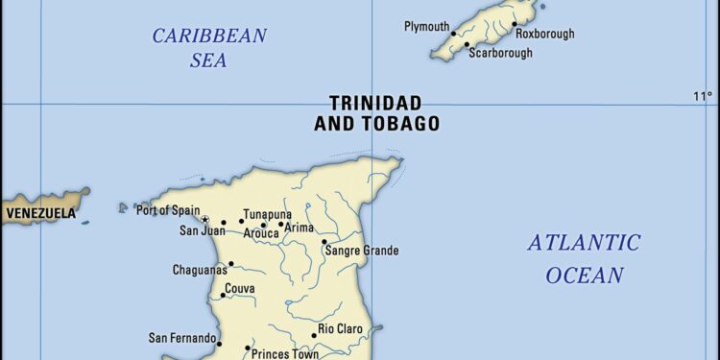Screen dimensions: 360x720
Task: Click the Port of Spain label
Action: (167, 210)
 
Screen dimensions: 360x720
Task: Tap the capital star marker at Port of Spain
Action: (204, 220)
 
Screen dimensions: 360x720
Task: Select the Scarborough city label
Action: (500, 54)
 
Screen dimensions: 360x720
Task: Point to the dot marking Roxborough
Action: (514, 25)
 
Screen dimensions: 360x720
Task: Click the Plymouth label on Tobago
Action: (426, 25)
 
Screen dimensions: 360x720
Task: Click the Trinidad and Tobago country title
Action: (376, 112)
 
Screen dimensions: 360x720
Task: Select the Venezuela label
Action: (40, 213)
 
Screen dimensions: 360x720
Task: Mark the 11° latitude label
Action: (703, 95)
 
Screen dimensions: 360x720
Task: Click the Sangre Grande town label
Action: (362, 251)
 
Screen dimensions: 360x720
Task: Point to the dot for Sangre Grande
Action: (324, 242)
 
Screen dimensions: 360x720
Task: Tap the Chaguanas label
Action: (199, 270)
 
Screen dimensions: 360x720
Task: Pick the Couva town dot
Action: (223, 296)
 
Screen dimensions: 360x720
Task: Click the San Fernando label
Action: (180, 338)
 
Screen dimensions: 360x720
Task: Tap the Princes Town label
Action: (284, 354)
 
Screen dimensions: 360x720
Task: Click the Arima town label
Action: (300, 228)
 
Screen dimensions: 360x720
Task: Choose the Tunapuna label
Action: (267, 214)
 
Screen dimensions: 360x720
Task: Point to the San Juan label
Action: (202, 230)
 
